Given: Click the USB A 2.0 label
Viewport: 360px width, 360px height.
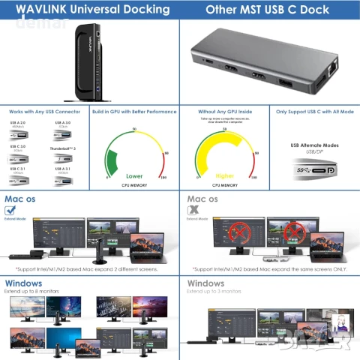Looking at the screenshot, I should [19, 122].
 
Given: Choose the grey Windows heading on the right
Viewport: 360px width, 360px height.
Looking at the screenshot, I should [205, 283].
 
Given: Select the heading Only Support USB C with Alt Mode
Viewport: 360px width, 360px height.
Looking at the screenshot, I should [312, 111].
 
